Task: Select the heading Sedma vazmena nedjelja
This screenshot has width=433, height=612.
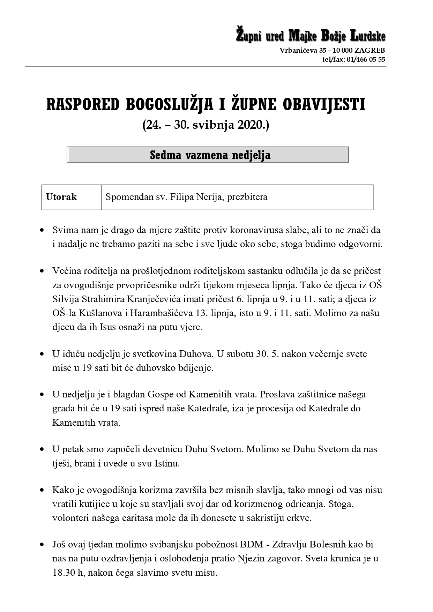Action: click(210, 155)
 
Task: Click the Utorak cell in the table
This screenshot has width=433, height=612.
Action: click(61, 197)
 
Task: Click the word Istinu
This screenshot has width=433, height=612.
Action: click(167, 464)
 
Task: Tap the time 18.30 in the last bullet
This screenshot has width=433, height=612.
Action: click(64, 573)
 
